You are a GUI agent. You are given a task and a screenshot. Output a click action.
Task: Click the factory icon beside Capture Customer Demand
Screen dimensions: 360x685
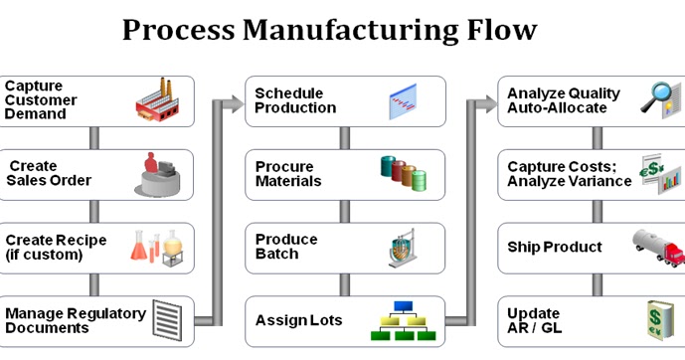(x=161, y=99)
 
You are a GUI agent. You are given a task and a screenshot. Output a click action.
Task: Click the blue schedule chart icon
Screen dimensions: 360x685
(x=403, y=101)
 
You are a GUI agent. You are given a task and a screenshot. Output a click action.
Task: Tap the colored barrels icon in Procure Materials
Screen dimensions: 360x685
(x=403, y=173)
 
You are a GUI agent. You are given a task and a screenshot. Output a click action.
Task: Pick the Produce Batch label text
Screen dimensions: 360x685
(x=286, y=247)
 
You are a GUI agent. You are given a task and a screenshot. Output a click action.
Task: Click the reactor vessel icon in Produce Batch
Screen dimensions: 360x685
(x=403, y=247)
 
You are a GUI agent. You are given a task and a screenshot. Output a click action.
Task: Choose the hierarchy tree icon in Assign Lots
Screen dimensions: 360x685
(x=402, y=320)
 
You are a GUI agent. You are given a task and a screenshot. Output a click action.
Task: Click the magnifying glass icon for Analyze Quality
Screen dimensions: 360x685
(x=658, y=99)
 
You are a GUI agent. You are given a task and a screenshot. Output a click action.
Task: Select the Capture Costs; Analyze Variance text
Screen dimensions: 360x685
(x=569, y=173)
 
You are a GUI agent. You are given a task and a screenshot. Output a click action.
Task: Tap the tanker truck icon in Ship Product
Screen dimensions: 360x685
(x=657, y=247)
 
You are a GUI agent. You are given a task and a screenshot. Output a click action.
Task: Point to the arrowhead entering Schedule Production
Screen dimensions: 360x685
(x=236, y=101)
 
